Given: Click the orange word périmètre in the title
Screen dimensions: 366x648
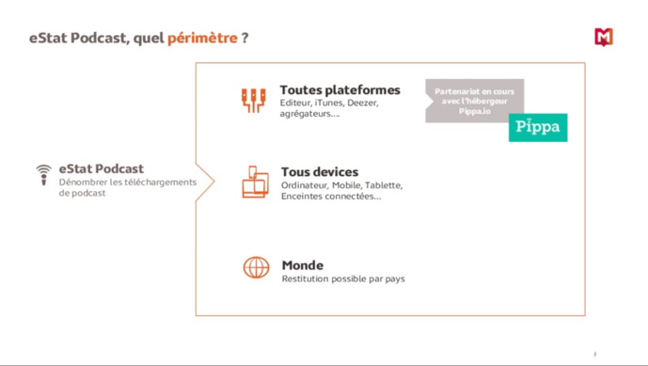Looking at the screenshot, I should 202,39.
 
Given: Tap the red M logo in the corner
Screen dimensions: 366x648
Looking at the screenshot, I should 604,37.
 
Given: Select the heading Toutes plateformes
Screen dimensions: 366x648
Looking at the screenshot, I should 340,89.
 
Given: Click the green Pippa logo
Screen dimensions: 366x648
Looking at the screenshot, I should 538,128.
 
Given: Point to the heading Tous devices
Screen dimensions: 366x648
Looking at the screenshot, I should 319,172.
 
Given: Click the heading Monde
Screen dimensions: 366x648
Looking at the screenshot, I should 302,265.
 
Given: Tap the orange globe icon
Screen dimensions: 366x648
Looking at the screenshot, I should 256,267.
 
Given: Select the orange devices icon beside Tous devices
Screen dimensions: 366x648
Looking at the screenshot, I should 255,182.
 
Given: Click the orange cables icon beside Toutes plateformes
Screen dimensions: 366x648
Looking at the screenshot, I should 254,100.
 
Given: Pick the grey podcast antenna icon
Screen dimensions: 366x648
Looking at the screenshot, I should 43,174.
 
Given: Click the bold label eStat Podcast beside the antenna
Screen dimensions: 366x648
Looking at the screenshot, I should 101,169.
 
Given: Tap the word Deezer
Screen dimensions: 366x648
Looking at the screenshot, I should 362,103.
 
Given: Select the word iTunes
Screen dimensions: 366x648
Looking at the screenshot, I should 328,103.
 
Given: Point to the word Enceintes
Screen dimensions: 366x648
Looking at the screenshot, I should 303,196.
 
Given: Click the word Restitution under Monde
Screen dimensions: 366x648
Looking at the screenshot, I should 308,278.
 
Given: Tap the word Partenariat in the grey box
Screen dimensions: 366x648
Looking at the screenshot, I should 456,91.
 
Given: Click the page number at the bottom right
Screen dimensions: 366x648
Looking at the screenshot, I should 594,354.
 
